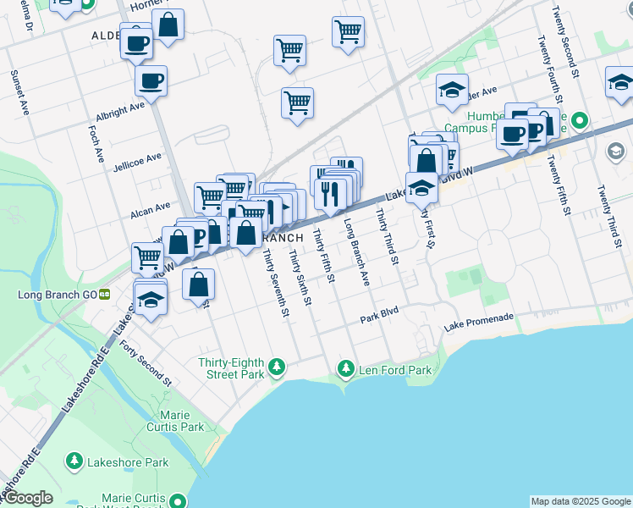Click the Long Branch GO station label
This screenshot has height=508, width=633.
pos(58,295)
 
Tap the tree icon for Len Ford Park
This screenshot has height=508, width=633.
pos(345,369)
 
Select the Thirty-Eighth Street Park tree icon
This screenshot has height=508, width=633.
pos(276,368)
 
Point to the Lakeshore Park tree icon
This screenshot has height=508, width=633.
pos(74,461)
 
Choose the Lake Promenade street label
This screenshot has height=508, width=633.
pos(479,323)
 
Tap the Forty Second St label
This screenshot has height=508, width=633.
pos(146,362)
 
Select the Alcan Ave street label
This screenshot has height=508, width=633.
pos(149,205)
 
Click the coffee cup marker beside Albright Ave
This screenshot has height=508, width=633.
pos(151,81)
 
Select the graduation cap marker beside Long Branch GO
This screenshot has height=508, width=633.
pos(151,301)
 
